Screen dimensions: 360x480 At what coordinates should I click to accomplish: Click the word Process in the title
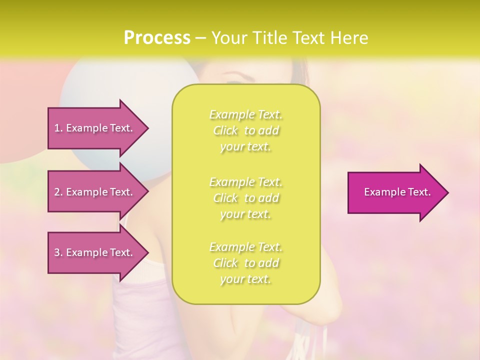(157, 38)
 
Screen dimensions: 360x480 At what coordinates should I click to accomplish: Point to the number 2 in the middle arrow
(57, 192)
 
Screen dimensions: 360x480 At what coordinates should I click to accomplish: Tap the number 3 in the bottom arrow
(57, 252)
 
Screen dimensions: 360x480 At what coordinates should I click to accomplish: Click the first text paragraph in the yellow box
(245, 130)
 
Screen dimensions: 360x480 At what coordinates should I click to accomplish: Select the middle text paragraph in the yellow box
(245, 198)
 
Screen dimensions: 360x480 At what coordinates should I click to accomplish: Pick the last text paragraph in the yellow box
(245, 263)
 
